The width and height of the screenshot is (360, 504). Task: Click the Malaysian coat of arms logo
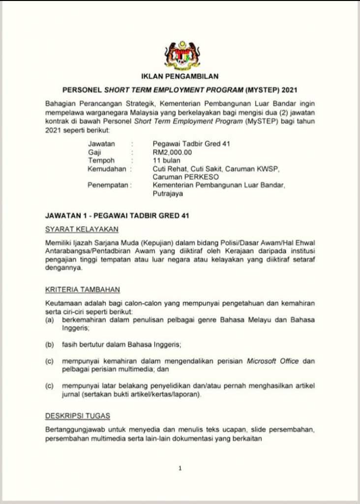click(x=180, y=55)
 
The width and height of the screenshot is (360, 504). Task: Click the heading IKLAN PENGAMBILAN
click(x=180, y=76)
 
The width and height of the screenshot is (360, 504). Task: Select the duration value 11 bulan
click(x=167, y=160)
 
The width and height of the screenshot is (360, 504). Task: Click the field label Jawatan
click(x=101, y=144)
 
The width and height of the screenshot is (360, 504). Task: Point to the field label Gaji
click(x=94, y=153)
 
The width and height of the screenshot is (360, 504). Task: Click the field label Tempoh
click(x=101, y=160)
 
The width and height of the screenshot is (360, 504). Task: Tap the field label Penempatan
click(x=108, y=185)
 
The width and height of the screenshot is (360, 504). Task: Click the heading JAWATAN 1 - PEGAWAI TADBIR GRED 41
click(x=117, y=216)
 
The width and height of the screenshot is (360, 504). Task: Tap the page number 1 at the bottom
click(x=180, y=469)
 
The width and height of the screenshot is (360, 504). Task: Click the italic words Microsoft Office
click(x=274, y=361)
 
